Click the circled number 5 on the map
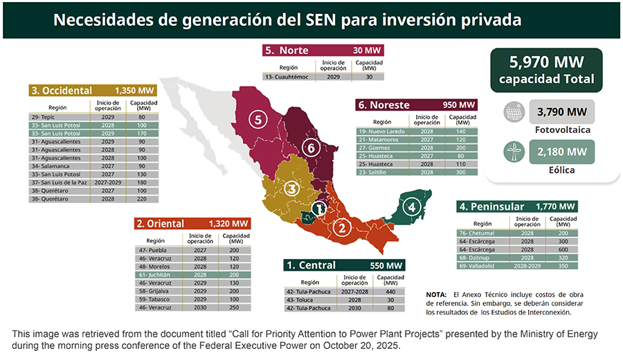258,120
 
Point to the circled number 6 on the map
311,147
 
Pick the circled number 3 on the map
293,188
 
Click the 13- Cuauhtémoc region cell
289,76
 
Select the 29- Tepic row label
43,117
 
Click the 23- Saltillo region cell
374,172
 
